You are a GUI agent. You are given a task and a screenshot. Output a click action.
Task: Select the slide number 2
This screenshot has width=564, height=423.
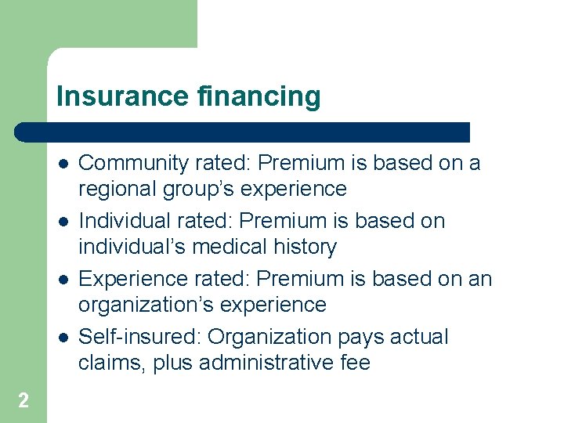pos(23,401)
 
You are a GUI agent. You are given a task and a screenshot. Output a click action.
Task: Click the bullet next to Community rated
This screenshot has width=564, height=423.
pos(62,164)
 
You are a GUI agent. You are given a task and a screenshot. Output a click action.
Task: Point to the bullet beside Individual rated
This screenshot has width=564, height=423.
pos(62,222)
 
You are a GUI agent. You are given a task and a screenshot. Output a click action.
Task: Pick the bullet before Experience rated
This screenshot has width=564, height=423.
pos(62,280)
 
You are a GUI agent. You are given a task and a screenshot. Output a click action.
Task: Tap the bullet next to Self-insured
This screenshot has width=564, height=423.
pos(62,338)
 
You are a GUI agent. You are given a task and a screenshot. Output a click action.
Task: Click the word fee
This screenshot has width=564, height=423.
pos(355,363)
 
